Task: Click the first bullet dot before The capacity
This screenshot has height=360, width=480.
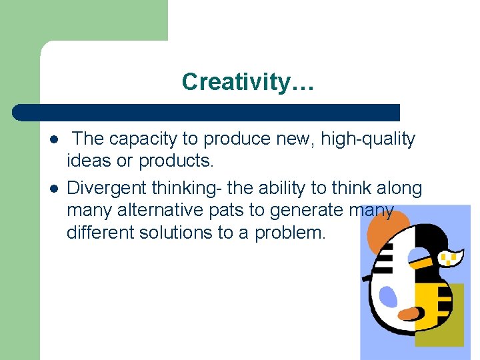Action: pyautogui.click(x=53, y=140)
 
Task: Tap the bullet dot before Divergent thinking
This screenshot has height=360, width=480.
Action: pyautogui.click(x=53, y=189)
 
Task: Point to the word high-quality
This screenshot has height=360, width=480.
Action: pyautogui.click(x=368, y=139)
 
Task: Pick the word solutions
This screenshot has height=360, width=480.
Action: pyautogui.click(x=190, y=233)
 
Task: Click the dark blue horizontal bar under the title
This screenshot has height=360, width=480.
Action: pyautogui.click(x=207, y=112)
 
